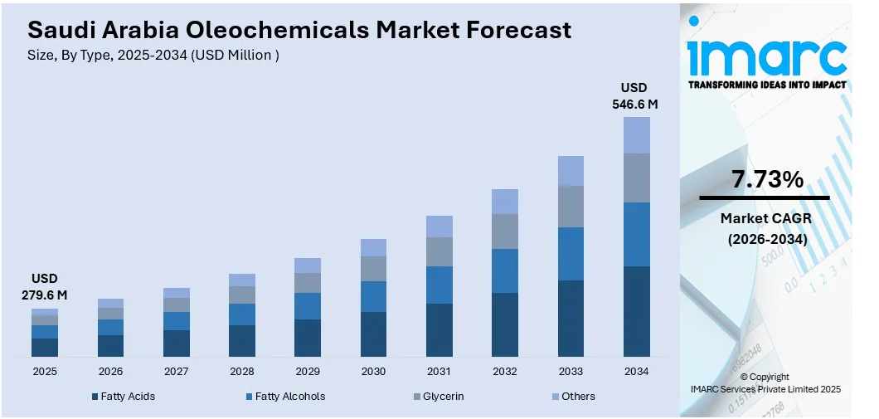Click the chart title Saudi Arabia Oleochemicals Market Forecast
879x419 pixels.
tap(299, 30)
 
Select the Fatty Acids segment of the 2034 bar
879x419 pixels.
tap(637, 311)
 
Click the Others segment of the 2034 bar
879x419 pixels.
tap(637, 135)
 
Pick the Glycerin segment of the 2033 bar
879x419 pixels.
tap(571, 207)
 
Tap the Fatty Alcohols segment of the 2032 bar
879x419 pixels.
tap(505, 270)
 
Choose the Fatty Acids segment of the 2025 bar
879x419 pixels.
tap(45, 347)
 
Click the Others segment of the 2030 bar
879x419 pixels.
tap(373, 247)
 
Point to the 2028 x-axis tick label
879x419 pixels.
tap(242, 372)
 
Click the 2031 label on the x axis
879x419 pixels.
tap(439, 372)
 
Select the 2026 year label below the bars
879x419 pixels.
tap(110, 372)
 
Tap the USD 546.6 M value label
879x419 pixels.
tap(634, 96)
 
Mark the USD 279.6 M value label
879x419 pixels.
tap(45, 286)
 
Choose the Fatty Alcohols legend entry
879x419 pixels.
tap(285, 397)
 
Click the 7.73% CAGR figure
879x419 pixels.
tap(767, 179)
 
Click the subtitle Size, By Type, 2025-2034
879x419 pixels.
tap(153, 56)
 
